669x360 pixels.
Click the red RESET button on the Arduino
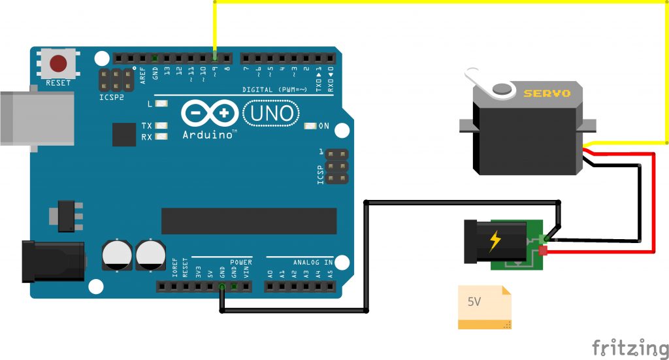click(59, 64)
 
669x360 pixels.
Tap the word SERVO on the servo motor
click(547, 93)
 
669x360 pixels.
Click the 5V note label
click(474, 302)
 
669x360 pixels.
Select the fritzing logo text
click(629, 347)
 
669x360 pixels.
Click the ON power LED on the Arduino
click(310, 126)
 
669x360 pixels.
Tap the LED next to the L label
click(161, 103)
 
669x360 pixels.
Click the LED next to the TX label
click(161, 125)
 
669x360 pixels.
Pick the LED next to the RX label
click(161, 137)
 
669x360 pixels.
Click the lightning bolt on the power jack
click(495, 242)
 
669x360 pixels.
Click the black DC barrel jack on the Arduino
click(52, 261)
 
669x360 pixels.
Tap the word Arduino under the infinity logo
click(208, 135)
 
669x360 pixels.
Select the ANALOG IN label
click(312, 262)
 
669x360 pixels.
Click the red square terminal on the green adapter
click(544, 250)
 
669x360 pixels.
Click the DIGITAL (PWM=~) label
click(274, 90)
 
